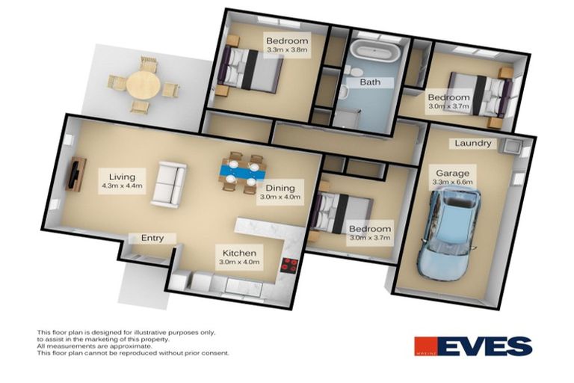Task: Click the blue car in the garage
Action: click(x=450, y=229)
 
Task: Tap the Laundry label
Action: click(x=473, y=143)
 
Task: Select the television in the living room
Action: click(x=75, y=174)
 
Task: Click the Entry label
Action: click(x=152, y=238)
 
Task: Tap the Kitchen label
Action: click(x=238, y=253)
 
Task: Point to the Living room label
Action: click(x=121, y=177)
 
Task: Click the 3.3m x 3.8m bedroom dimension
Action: click(x=286, y=49)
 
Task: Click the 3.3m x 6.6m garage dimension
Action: click(x=453, y=182)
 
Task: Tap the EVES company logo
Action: click(x=473, y=346)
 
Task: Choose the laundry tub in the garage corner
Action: click(x=512, y=145)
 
